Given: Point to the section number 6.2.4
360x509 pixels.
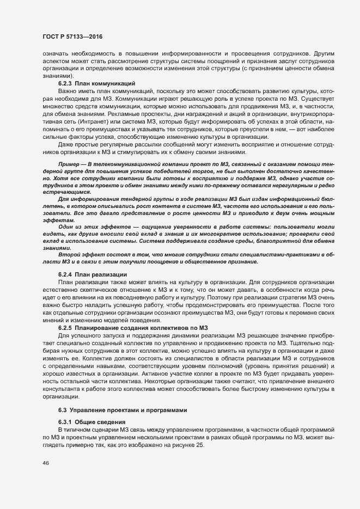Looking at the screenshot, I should click(65, 274).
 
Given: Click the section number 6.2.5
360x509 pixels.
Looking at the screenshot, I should click(65, 327).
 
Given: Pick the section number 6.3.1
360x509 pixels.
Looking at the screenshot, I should click(65, 422).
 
